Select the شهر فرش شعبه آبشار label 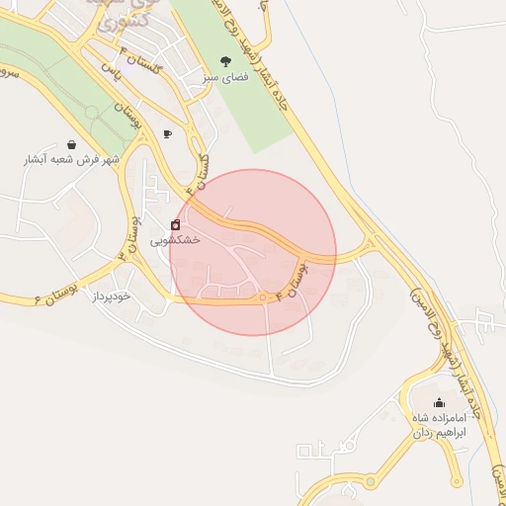[72, 159]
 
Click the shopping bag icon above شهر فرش [72, 144]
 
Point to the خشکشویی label [176, 240]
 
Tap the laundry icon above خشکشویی [176, 225]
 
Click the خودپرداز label [112, 296]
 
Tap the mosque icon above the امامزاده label [439, 403]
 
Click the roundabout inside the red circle [265, 297]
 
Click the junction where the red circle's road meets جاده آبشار [370, 243]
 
